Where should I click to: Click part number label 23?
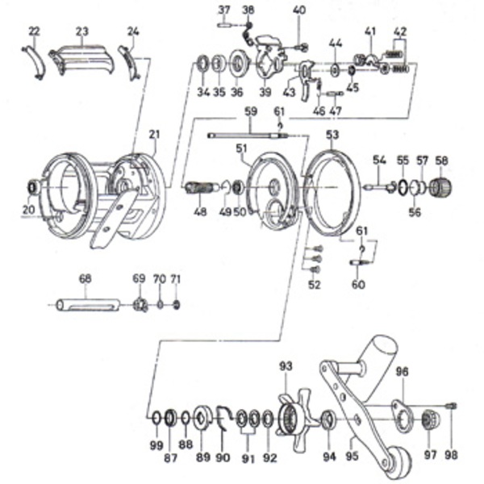click(x=81, y=31)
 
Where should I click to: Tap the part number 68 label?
click(x=86, y=278)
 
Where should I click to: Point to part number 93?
click(x=285, y=366)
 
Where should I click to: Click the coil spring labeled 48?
click(x=200, y=190)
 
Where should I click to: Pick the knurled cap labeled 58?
click(x=441, y=189)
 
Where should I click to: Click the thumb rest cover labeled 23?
click(x=81, y=59)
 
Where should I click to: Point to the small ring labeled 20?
click(x=33, y=187)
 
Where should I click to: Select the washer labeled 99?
click(x=155, y=418)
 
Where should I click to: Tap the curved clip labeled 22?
click(x=33, y=61)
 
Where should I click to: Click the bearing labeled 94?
click(x=328, y=419)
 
